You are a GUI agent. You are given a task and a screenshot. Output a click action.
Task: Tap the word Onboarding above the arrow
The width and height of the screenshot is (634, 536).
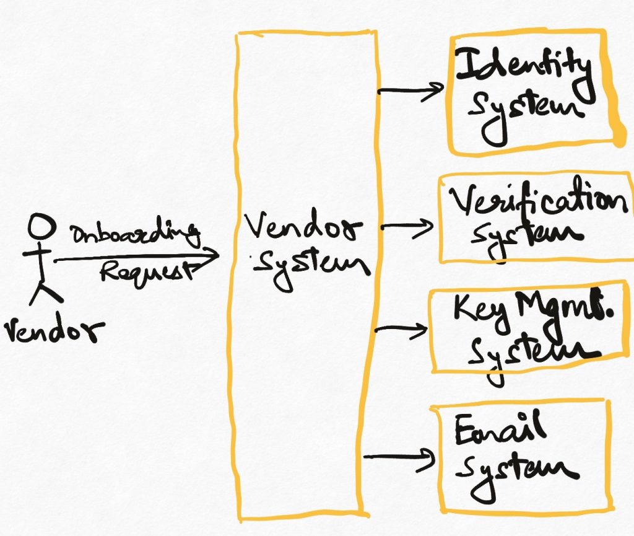point(136,232)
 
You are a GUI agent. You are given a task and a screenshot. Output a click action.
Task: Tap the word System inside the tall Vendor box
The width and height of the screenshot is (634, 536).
point(312,268)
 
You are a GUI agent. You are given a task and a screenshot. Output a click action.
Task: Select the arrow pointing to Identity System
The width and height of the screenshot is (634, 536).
point(411,92)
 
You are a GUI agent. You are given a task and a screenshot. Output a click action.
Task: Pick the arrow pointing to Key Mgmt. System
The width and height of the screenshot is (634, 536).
point(401,330)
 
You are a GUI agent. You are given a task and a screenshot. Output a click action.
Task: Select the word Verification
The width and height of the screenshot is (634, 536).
point(538,201)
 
